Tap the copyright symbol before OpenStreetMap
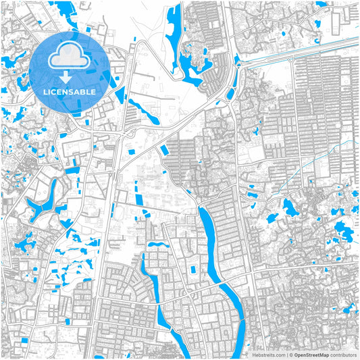[x=291, y=354]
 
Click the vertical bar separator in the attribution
[x=286, y=354]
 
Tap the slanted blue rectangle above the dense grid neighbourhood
[x=163, y=152]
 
